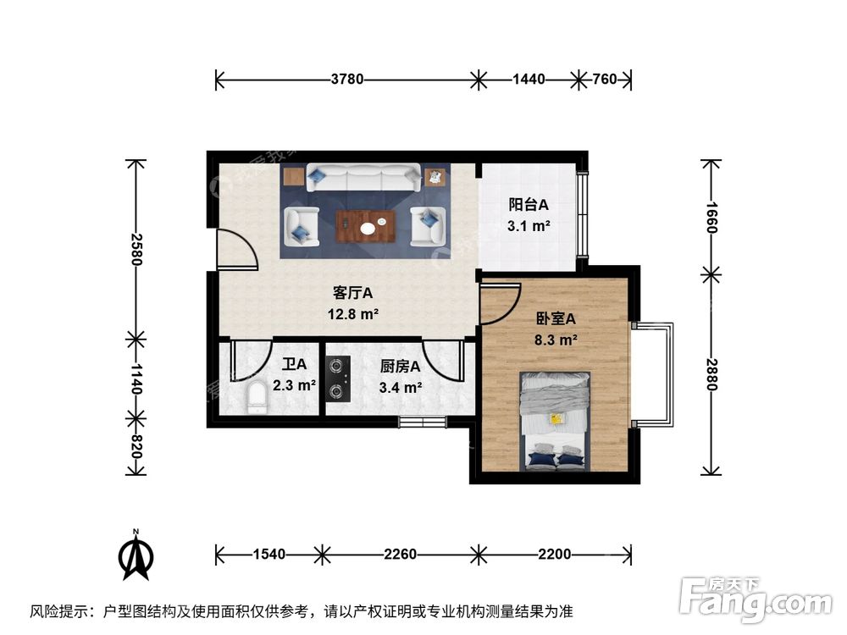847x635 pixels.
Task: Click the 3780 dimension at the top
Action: tap(347, 80)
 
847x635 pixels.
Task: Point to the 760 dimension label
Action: tap(604, 80)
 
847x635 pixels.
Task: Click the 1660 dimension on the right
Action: tap(711, 218)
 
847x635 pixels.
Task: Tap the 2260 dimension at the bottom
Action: tap(400, 555)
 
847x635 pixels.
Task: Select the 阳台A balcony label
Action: tap(529, 205)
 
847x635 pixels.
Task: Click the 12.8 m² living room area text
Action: tap(353, 314)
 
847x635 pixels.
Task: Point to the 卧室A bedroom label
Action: tap(556, 319)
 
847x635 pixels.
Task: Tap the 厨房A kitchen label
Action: tap(401, 367)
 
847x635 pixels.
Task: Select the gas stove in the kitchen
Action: tap(339, 378)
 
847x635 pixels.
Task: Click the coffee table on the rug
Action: tap(366, 226)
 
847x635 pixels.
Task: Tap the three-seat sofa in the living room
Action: tap(365, 177)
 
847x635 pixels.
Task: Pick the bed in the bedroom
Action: tap(555, 420)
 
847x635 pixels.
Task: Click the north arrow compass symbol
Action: tap(135, 556)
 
